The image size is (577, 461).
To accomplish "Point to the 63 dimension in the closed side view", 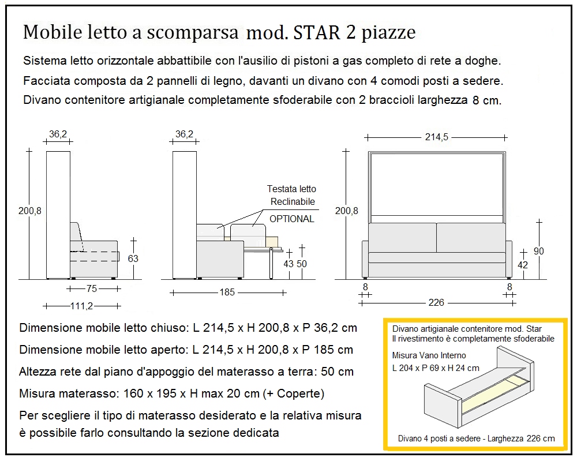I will pyautogui.click(x=133, y=258).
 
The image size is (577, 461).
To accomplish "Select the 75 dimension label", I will pyautogui.click(x=92, y=288).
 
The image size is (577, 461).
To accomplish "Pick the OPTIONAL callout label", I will pyautogui.click(x=292, y=219).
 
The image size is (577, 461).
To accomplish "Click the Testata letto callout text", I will pyautogui.click(x=291, y=189).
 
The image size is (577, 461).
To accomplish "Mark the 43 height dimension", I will pyautogui.click(x=288, y=264).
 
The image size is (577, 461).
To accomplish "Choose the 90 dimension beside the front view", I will pyautogui.click(x=539, y=251).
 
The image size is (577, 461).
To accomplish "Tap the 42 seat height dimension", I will pyautogui.click(x=523, y=265).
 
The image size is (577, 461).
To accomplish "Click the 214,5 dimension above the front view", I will pyautogui.click(x=437, y=137).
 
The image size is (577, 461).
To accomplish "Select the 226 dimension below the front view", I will pyautogui.click(x=437, y=303).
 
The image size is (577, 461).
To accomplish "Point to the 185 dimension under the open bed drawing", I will pyautogui.click(x=228, y=292).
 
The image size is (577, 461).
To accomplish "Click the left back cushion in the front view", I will pyautogui.click(x=402, y=237).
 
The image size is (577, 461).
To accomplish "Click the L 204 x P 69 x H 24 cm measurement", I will pyautogui.click(x=436, y=368).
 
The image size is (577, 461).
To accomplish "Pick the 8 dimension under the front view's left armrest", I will pyautogui.click(x=365, y=287).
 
